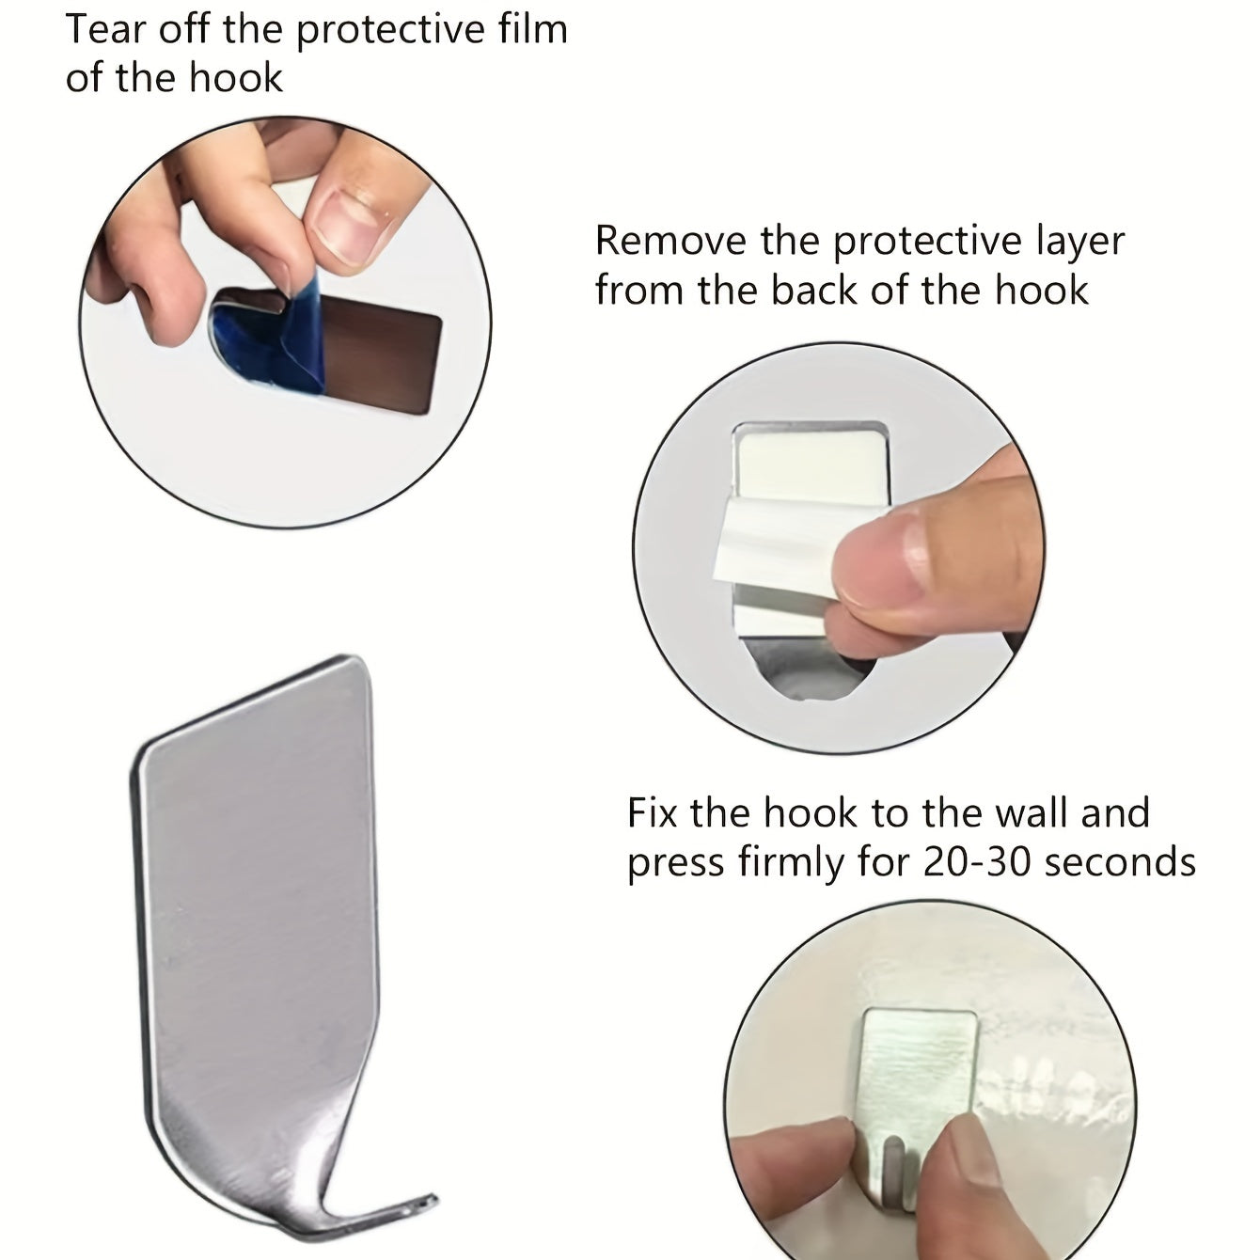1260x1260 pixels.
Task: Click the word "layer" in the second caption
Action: pos(1079,242)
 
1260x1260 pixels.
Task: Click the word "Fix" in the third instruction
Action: pos(652,813)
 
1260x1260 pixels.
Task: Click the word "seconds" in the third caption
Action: pos(1120,862)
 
